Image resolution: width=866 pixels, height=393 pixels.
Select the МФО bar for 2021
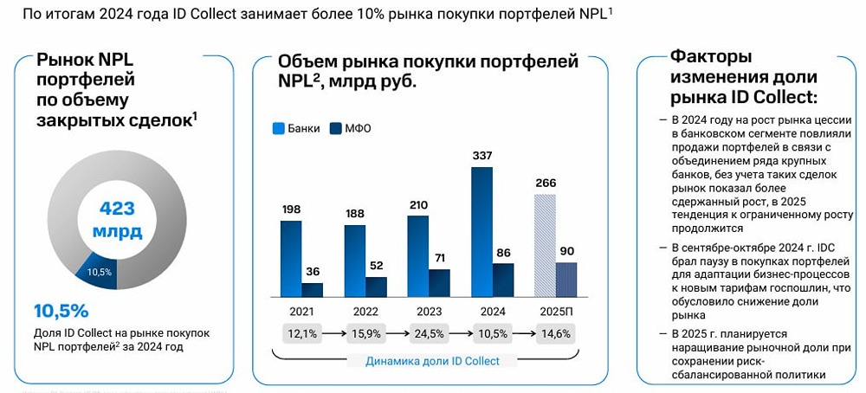tap(312, 290)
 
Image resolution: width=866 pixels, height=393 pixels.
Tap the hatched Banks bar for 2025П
tap(545, 246)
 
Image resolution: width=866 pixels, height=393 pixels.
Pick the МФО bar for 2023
tap(439, 283)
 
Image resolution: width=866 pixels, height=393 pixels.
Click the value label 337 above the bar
tap(481, 156)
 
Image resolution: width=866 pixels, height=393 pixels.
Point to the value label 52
tap(376, 266)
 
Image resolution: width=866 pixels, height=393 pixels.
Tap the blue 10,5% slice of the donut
tap(97, 272)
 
